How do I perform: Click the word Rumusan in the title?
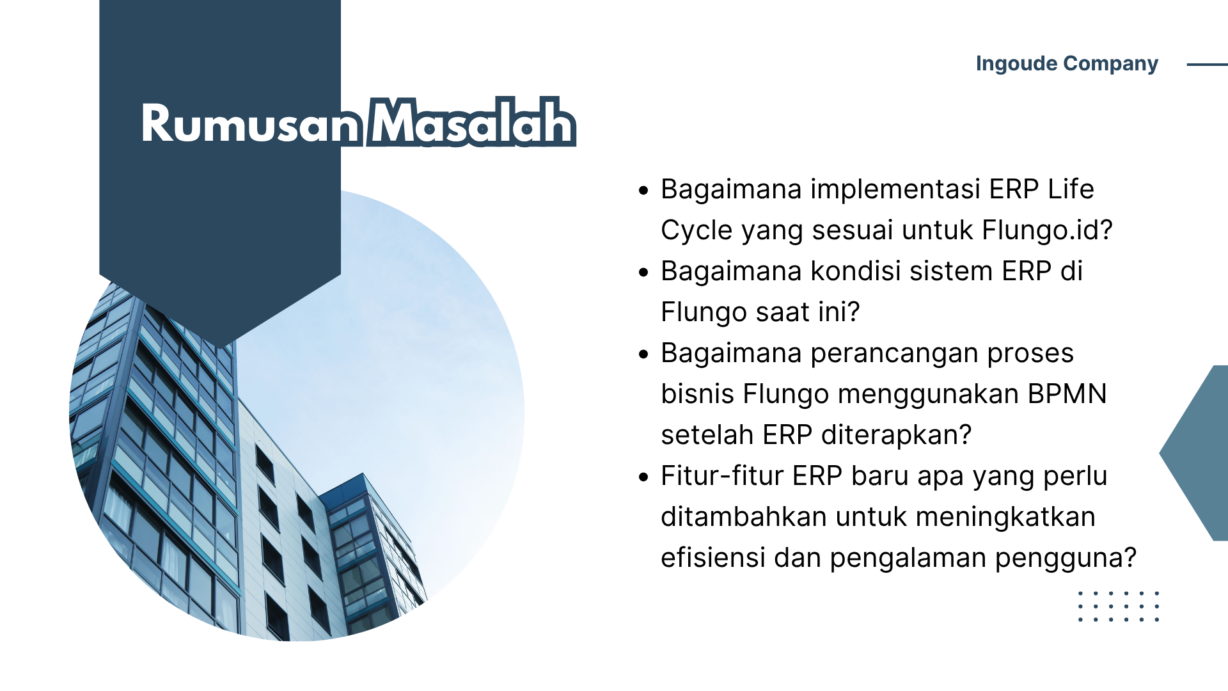tap(251, 123)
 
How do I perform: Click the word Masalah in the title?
tap(472, 122)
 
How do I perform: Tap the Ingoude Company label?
tap(1067, 64)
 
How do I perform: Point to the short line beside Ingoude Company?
tap(1208, 65)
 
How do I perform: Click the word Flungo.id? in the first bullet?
tap(1048, 230)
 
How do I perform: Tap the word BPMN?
tap(1067, 394)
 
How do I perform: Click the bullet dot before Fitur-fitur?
tap(643, 477)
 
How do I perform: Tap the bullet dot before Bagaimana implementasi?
tap(643, 190)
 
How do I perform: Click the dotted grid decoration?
tap(1119, 607)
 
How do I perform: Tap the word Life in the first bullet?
tap(1071, 189)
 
